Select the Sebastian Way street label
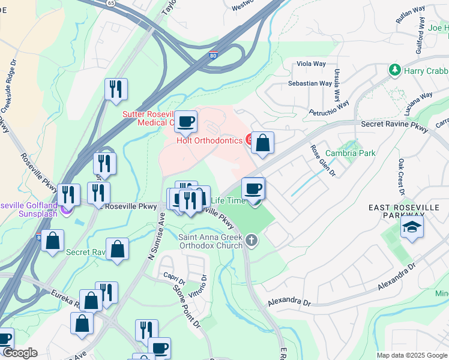[309, 83]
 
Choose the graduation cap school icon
[412, 227]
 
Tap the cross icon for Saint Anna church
[251, 241]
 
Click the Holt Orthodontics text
[209, 140]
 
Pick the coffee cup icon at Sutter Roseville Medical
[185, 122]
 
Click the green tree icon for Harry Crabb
[394, 70]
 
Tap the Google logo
[19, 353]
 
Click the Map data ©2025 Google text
[411, 355]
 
